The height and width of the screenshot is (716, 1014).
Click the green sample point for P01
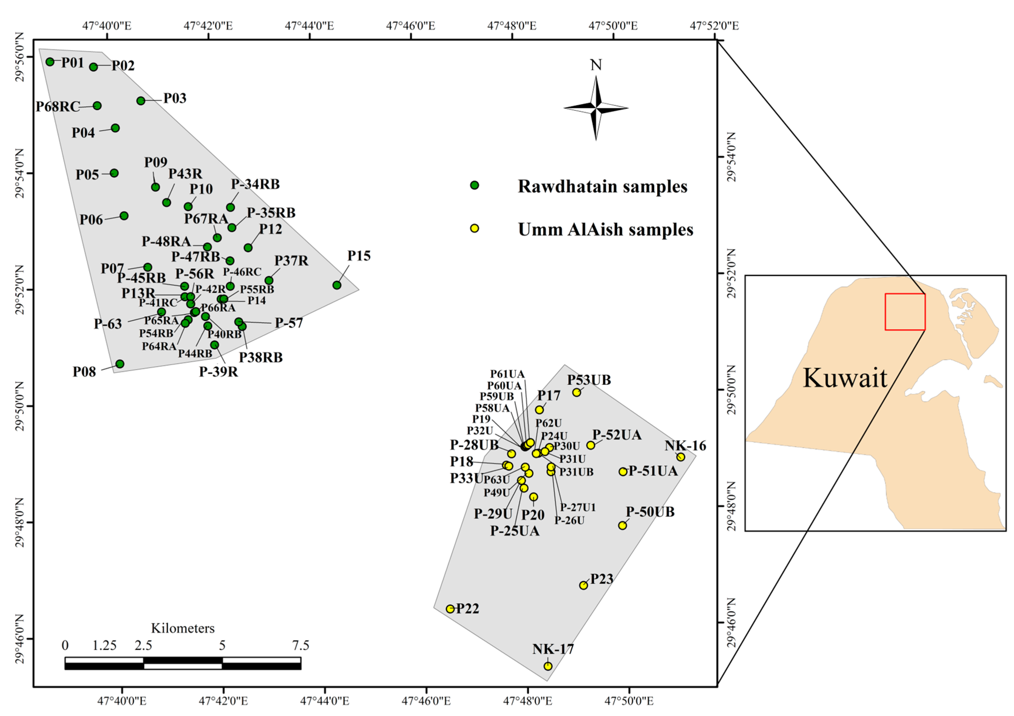tap(50, 62)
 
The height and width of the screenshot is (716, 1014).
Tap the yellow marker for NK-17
tap(548, 666)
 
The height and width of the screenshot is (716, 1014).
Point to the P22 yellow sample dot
tap(450, 609)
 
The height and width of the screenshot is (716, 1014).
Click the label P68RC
tap(58, 106)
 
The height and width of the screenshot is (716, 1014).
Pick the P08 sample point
tap(120, 364)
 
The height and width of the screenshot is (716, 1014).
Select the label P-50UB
tap(650, 512)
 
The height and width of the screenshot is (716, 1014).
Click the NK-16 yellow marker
tap(681, 457)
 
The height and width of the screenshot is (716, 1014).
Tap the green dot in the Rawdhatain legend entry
tap(474, 185)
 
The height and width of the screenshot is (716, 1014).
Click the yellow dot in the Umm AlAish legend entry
tap(474, 228)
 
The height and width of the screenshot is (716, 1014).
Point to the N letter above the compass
tap(596, 65)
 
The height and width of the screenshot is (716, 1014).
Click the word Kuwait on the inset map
tap(844, 378)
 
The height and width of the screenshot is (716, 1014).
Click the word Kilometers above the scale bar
tap(182, 628)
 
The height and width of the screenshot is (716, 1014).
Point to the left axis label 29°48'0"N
tap(20, 522)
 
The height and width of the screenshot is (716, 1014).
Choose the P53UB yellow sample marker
tap(576, 392)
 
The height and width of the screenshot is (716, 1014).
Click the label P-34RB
tap(255, 184)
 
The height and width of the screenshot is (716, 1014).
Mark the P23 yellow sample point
tap(583, 585)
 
